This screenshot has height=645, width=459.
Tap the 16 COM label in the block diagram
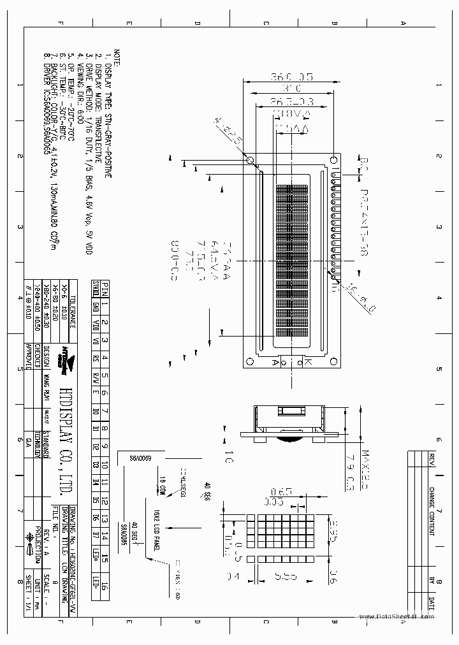tap(162, 487)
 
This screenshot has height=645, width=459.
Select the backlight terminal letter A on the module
tap(274, 363)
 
